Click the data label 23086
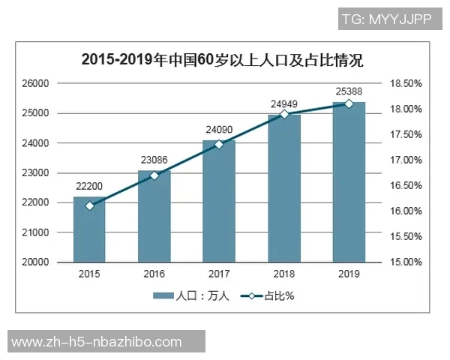154,159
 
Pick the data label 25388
349,91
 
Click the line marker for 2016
154,175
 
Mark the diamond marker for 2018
284,114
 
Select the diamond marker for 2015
89,205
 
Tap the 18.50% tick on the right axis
406,83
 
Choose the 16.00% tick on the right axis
406,211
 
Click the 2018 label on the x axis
284,274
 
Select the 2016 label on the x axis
154,274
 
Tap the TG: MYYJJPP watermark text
386,19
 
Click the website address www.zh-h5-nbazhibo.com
97,342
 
